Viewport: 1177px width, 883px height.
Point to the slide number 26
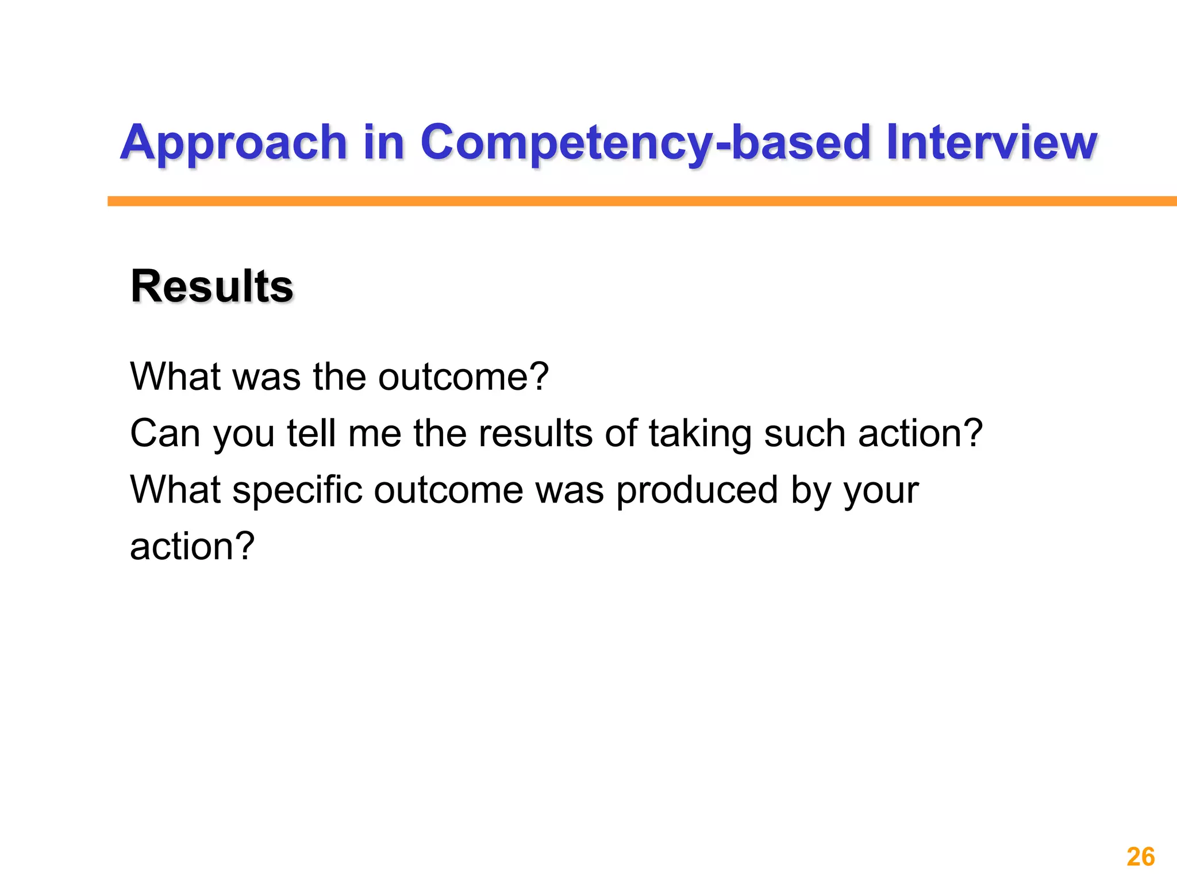(x=1140, y=857)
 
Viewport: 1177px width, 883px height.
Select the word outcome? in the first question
(x=463, y=377)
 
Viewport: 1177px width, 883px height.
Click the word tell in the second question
(x=311, y=433)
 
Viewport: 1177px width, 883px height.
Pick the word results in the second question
(x=535, y=433)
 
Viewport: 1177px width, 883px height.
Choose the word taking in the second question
(x=699, y=435)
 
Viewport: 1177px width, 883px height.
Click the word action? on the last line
(x=192, y=546)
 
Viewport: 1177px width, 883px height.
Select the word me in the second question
(x=374, y=435)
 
